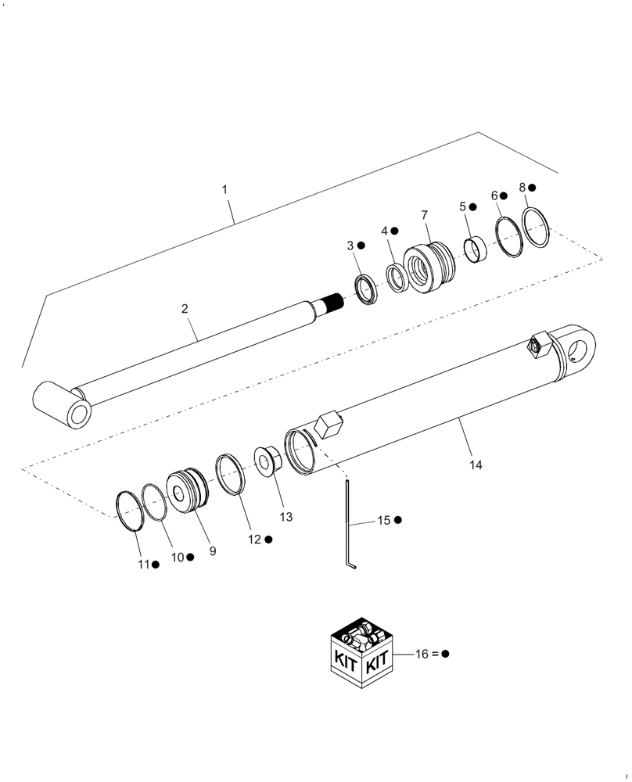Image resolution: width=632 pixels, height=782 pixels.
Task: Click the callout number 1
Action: [224, 190]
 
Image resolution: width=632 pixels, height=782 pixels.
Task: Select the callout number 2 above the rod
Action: [185, 309]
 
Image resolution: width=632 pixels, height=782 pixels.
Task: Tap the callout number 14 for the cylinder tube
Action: [476, 465]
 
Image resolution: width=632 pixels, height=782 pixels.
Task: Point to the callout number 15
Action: [383, 520]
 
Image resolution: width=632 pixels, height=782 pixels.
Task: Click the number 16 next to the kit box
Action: [423, 654]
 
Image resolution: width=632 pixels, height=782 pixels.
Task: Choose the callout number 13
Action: [285, 517]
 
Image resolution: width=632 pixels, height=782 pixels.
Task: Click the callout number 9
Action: [212, 551]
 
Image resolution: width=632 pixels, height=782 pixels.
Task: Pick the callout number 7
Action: [425, 214]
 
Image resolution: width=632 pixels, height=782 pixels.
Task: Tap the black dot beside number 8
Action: [532, 188]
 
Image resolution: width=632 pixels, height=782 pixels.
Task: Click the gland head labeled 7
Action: [427, 268]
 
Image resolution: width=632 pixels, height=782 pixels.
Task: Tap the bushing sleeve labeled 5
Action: [475, 251]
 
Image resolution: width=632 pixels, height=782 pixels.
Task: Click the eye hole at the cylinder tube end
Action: [581, 345]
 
